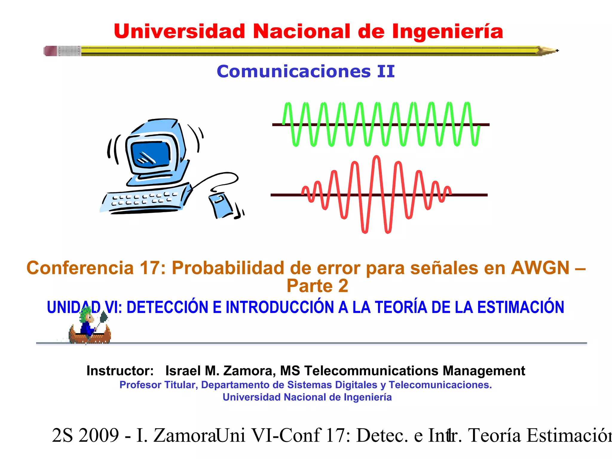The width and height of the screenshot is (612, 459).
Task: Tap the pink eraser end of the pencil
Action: click(x=50, y=51)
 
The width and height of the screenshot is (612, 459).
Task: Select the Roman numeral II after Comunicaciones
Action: click(x=386, y=72)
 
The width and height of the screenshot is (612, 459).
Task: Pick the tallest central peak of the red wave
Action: click(x=377, y=157)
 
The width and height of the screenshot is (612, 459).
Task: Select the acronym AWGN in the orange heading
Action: click(x=540, y=268)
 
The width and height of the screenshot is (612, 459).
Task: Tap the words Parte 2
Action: click(x=317, y=286)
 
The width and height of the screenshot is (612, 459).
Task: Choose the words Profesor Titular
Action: click(x=158, y=385)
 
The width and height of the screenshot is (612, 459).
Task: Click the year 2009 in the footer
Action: click(x=99, y=435)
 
